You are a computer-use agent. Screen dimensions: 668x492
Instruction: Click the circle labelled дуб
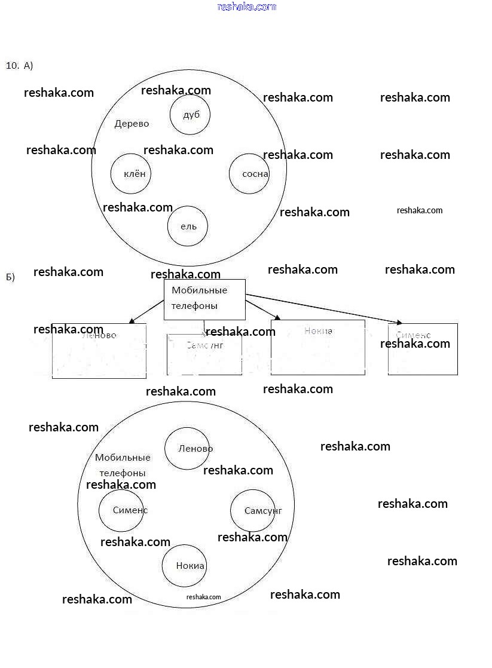190,115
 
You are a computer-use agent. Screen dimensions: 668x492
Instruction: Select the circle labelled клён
130,174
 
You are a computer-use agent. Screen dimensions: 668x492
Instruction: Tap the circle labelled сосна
249,174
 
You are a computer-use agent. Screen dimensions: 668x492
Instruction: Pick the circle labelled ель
187,226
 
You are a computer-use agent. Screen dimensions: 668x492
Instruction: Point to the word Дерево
132,124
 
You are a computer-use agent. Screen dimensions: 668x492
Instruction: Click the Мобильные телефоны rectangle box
204,299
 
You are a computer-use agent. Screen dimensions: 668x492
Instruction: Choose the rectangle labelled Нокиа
317,348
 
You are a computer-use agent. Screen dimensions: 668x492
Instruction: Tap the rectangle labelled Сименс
423,350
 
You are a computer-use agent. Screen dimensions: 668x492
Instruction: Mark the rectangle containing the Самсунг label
204,354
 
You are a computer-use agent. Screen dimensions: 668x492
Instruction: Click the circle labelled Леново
187,449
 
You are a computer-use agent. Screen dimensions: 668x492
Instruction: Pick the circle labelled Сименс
121,510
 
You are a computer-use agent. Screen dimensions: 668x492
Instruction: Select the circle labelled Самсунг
253,510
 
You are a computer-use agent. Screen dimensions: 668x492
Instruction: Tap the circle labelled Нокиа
184,566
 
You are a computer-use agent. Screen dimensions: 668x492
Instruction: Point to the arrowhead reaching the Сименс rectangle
397,323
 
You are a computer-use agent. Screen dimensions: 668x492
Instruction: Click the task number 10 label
12,66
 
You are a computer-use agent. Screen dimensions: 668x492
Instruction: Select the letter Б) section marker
10,277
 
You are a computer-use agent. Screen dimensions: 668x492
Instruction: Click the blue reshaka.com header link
247,7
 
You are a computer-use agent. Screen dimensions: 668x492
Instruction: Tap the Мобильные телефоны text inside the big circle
123,465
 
